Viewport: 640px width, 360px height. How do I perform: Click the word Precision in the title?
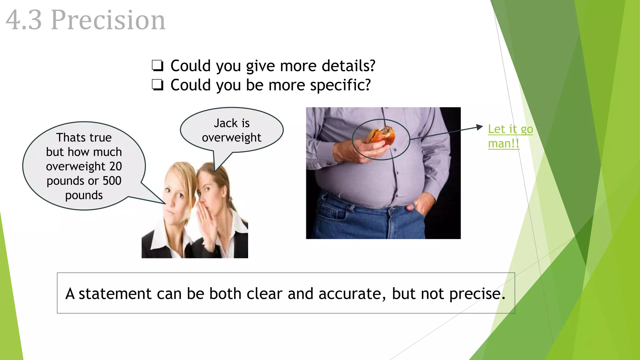point(108,20)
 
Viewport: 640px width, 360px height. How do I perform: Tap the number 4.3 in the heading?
point(24,20)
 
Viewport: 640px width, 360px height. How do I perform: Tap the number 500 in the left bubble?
point(112,181)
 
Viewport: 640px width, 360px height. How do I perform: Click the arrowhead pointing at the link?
point(480,127)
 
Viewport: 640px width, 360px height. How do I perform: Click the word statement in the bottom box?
point(115,294)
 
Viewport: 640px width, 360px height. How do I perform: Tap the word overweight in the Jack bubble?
point(231,137)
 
